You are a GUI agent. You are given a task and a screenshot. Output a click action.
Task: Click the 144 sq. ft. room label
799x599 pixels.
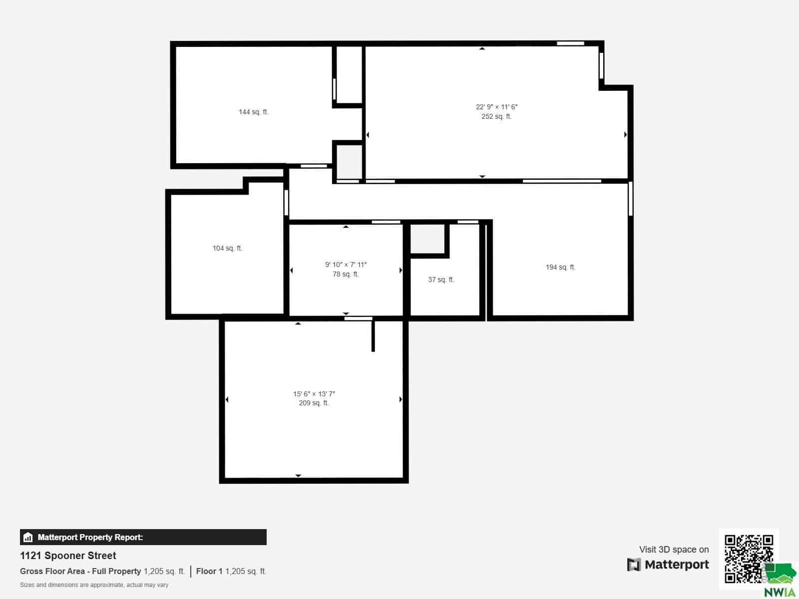pos(253,112)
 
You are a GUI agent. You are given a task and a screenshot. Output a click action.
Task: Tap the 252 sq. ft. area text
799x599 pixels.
pos(496,116)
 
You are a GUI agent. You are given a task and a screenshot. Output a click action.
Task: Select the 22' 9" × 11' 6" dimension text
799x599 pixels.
pos(496,107)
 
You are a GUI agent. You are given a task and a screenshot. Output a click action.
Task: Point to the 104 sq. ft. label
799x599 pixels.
pos(227,249)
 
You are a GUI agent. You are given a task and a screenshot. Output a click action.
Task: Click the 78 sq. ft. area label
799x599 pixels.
pos(346,274)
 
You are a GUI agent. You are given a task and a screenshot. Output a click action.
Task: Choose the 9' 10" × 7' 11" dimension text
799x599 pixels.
pos(346,265)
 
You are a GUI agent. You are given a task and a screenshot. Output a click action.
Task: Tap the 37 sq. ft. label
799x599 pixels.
pos(441,280)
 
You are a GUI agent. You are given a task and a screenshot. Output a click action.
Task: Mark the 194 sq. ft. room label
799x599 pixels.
pos(560,268)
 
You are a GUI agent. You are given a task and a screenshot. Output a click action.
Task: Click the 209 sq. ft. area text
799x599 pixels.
pos(314,403)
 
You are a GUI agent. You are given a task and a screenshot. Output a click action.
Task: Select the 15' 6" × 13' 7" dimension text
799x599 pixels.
pos(314,394)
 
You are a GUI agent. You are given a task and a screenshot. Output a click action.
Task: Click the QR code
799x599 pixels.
pos(749,558)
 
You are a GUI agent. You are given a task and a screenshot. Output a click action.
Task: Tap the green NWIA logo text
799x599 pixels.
pos(780,592)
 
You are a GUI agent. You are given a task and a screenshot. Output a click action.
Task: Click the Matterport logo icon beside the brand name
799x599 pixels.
pos(634,565)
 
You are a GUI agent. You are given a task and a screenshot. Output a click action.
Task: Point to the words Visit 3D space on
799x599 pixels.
pos(674,549)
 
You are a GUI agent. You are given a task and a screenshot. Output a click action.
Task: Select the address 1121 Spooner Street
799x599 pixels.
pos(68,556)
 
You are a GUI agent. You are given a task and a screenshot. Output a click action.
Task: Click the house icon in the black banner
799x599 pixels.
pos(28,537)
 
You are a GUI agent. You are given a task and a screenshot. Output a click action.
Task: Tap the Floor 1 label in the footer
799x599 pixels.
pos(209,571)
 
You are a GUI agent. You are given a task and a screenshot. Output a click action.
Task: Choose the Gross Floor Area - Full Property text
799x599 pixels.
pos(80,572)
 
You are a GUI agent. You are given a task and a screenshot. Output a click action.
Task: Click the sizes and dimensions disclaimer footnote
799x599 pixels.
pos(94,585)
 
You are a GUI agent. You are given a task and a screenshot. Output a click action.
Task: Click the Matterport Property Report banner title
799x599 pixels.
pos(90,537)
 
